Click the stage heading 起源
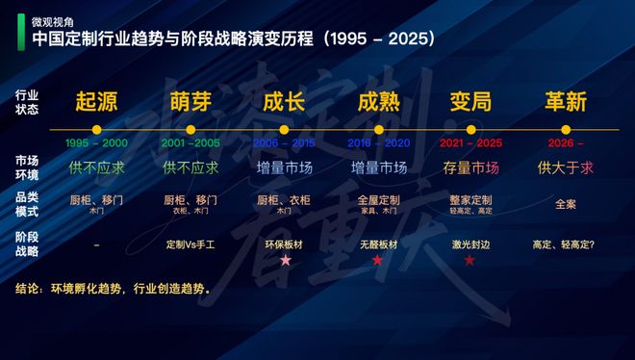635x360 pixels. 96,101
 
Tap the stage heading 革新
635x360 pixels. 566,101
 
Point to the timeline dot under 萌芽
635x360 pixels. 190,129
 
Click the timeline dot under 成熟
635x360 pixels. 378,129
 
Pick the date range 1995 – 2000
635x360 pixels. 96,142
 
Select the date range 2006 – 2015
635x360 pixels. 284,142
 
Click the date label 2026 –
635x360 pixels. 566,142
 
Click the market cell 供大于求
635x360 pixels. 566,167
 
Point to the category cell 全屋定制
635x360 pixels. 378,199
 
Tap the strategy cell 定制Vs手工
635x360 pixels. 190,244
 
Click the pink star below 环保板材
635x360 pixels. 284,261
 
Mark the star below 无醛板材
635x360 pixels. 378,261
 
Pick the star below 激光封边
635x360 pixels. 470,261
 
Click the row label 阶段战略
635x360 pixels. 27,244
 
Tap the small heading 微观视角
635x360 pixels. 54,19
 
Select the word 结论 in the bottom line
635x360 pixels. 29,288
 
